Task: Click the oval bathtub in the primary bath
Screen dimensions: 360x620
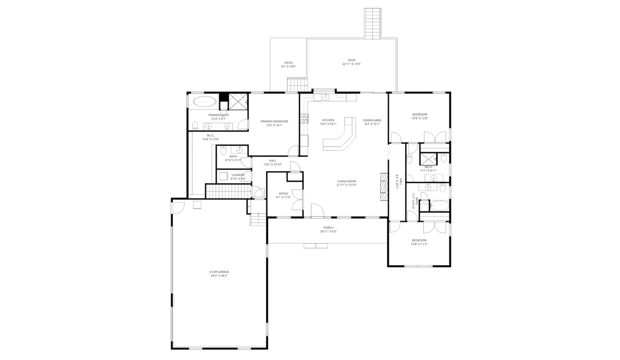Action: [205, 101]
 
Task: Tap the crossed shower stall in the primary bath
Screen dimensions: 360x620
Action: [238, 101]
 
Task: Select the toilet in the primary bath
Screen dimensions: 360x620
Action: [196, 126]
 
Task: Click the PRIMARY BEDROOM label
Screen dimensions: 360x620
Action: [274, 122]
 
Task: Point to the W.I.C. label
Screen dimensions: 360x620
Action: [210, 136]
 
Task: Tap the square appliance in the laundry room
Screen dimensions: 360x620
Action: [224, 177]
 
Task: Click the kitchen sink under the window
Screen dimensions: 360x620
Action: [325, 97]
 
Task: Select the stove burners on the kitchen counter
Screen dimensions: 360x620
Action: [305, 119]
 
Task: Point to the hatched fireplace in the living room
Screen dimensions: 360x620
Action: [384, 186]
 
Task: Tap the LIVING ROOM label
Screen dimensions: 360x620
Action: [346, 181]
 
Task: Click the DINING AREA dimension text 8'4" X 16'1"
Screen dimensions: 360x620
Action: [372, 124]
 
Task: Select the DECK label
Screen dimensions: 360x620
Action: [351, 60]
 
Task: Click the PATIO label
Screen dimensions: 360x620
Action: [288, 63]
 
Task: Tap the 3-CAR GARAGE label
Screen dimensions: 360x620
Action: [219, 272]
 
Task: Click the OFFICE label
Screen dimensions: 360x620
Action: [283, 193]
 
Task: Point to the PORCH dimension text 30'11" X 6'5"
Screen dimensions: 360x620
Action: [328, 232]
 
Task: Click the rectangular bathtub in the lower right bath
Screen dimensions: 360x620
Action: [439, 205]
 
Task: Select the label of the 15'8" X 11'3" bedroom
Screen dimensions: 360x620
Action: [419, 240]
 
